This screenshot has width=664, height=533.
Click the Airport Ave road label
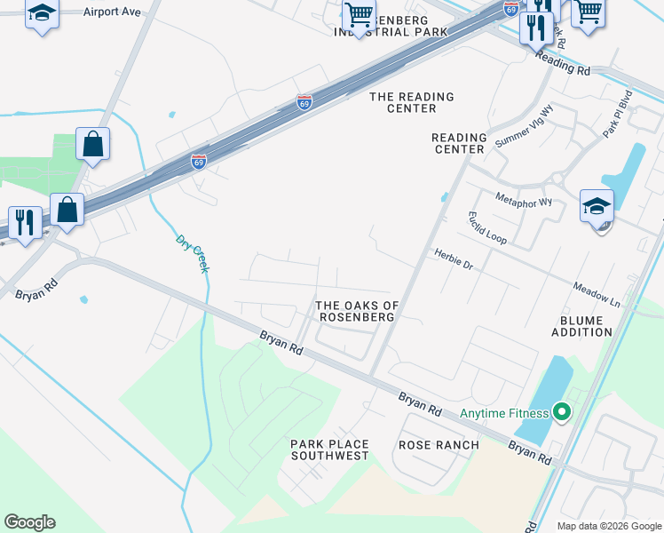click(112, 12)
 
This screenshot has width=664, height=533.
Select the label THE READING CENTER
click(412, 102)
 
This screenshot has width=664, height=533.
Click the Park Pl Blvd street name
click(617, 113)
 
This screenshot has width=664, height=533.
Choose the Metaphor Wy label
click(524, 200)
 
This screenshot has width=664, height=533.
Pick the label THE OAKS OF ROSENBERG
click(358, 312)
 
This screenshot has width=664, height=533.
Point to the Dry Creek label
click(191, 253)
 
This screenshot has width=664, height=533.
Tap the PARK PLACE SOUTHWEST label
click(329, 449)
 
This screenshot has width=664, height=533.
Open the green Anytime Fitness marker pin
click(561, 412)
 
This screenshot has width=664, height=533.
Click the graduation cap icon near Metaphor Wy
click(597, 206)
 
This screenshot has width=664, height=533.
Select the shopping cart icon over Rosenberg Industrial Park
click(359, 15)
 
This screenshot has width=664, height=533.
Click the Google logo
click(29, 522)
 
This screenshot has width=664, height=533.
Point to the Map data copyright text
click(610, 526)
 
